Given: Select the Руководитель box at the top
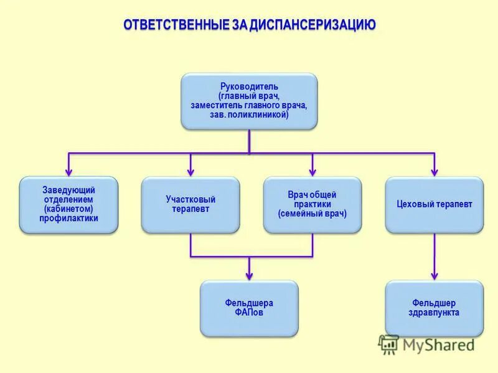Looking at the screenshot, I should (x=249, y=101).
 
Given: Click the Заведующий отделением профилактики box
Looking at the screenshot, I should (x=68, y=205).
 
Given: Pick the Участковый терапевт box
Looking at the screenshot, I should (x=190, y=205).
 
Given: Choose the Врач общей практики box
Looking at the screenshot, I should (x=312, y=205).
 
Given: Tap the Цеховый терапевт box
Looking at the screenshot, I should (x=435, y=205).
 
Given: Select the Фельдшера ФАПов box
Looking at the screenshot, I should (x=249, y=308).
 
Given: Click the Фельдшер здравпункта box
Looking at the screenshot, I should (x=435, y=308).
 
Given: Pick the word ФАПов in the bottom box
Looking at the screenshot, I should (x=249, y=313).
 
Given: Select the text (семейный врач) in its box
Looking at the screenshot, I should (x=312, y=213).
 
